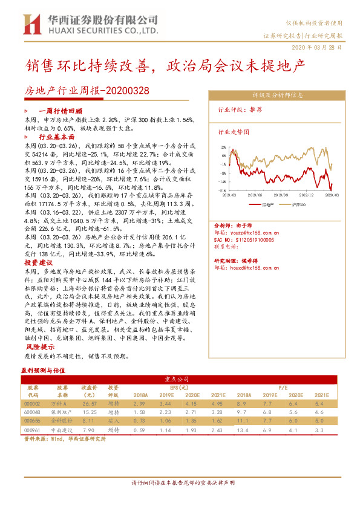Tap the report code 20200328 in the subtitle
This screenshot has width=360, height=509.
pyautogui.click(x=127, y=90)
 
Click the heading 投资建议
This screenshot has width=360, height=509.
pyautogui.click(x=39, y=264)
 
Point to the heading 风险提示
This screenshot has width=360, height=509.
pyautogui.click(x=39, y=349)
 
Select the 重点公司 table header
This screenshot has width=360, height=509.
pyautogui.click(x=180, y=379)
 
